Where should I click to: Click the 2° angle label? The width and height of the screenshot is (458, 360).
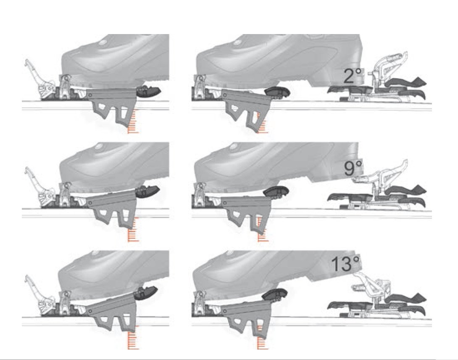tap(353, 76)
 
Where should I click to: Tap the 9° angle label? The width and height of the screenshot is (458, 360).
tap(353, 168)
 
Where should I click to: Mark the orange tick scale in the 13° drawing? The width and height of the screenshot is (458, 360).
tap(262, 336)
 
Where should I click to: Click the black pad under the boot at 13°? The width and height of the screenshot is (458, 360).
tap(274, 294)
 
